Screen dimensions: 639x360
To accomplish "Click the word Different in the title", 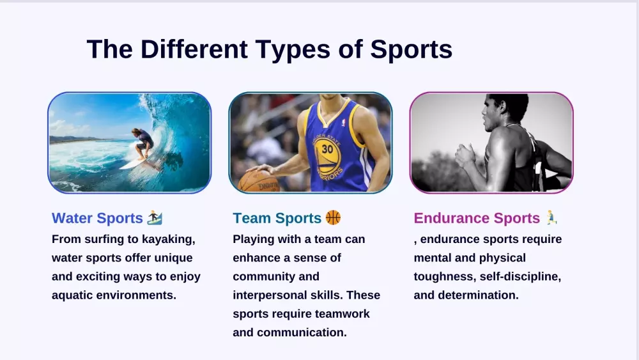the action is pos(194,49).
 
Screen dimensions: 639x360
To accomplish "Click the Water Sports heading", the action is pos(97,218).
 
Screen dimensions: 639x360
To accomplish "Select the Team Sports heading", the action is pos(277,218).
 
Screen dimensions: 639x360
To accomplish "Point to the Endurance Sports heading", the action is pos(477,218).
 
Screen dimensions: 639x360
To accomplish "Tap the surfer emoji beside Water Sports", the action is pos(155,217).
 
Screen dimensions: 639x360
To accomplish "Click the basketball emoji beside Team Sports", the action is pos(333,217).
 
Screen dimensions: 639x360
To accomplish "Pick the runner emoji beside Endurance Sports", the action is pos(551,217).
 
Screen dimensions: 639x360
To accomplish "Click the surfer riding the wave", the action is pos(143,143).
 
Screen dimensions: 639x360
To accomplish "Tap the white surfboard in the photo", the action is pos(134,163).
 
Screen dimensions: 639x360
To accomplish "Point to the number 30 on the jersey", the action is pos(327,149).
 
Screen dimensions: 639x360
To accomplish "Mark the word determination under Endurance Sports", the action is pos(479,295).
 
